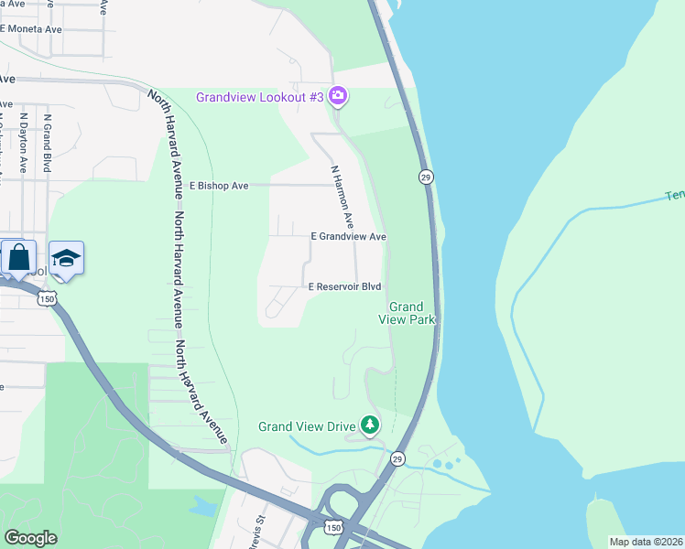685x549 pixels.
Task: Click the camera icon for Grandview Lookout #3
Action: [x=338, y=96]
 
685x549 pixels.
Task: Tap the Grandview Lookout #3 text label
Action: [x=260, y=97]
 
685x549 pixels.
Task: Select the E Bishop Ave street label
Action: [x=219, y=186]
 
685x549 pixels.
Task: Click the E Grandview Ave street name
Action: [x=348, y=236]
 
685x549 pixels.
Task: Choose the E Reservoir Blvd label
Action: [x=343, y=286]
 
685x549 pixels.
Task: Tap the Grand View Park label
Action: [x=407, y=313]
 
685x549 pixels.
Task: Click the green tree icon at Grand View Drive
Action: [x=370, y=425]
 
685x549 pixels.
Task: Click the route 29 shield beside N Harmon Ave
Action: [x=426, y=177]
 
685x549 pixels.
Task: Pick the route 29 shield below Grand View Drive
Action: [x=397, y=458]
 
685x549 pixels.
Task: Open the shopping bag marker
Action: [x=19, y=258]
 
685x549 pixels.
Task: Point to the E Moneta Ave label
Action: [x=31, y=29]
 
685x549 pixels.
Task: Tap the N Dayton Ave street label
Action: [x=24, y=144]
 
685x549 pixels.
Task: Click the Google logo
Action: [x=31, y=537]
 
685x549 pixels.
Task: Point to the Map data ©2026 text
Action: [x=645, y=542]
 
